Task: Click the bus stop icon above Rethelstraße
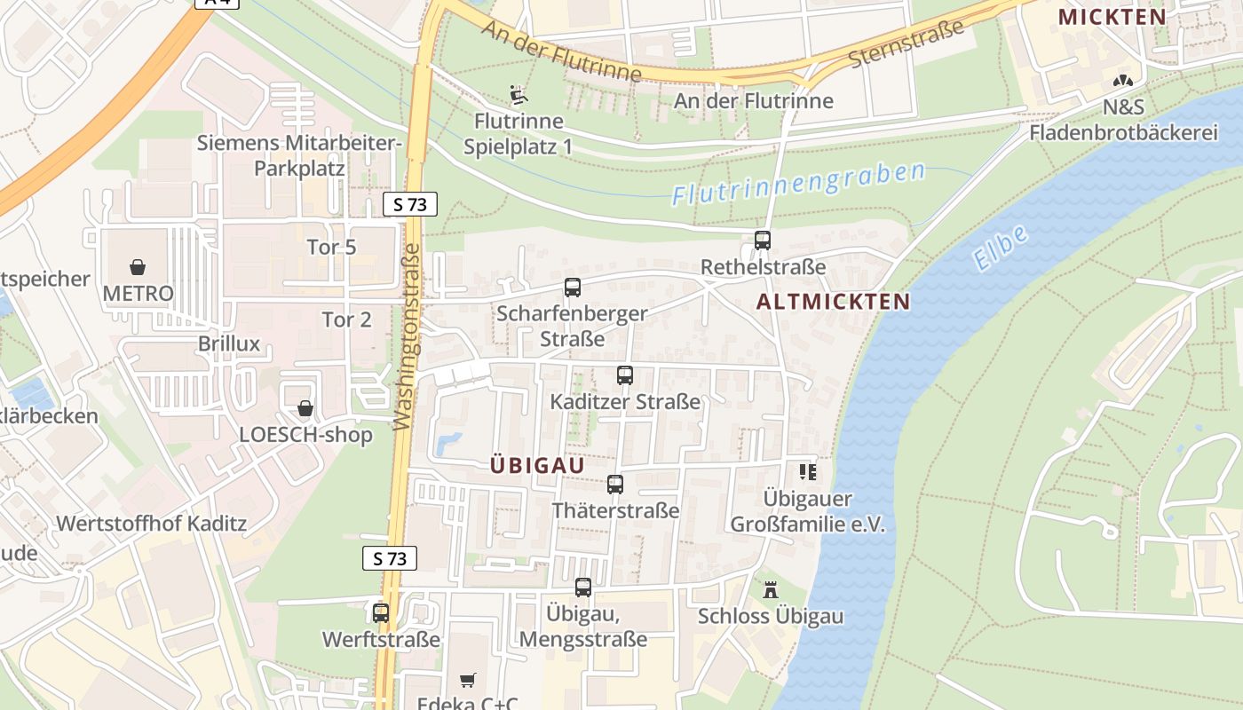[762, 240]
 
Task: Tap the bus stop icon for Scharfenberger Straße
[573, 288]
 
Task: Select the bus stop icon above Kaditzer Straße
[625, 375]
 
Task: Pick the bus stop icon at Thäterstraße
[615, 485]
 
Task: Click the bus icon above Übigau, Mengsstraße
[583, 588]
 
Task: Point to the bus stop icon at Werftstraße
[381, 612]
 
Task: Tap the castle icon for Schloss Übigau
[770, 589]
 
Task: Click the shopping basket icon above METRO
[138, 266]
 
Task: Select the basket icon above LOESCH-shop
[305, 408]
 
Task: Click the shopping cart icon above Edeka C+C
[468, 681]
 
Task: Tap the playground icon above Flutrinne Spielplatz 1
[519, 94]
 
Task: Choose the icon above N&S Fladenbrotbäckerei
[1123, 81]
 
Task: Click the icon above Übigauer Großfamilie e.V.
[807, 472]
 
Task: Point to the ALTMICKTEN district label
[834, 302]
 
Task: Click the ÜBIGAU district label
[537, 465]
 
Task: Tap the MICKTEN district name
[1112, 17]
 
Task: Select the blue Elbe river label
[1001, 248]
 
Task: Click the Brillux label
[229, 343]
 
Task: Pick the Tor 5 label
[331, 247]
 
